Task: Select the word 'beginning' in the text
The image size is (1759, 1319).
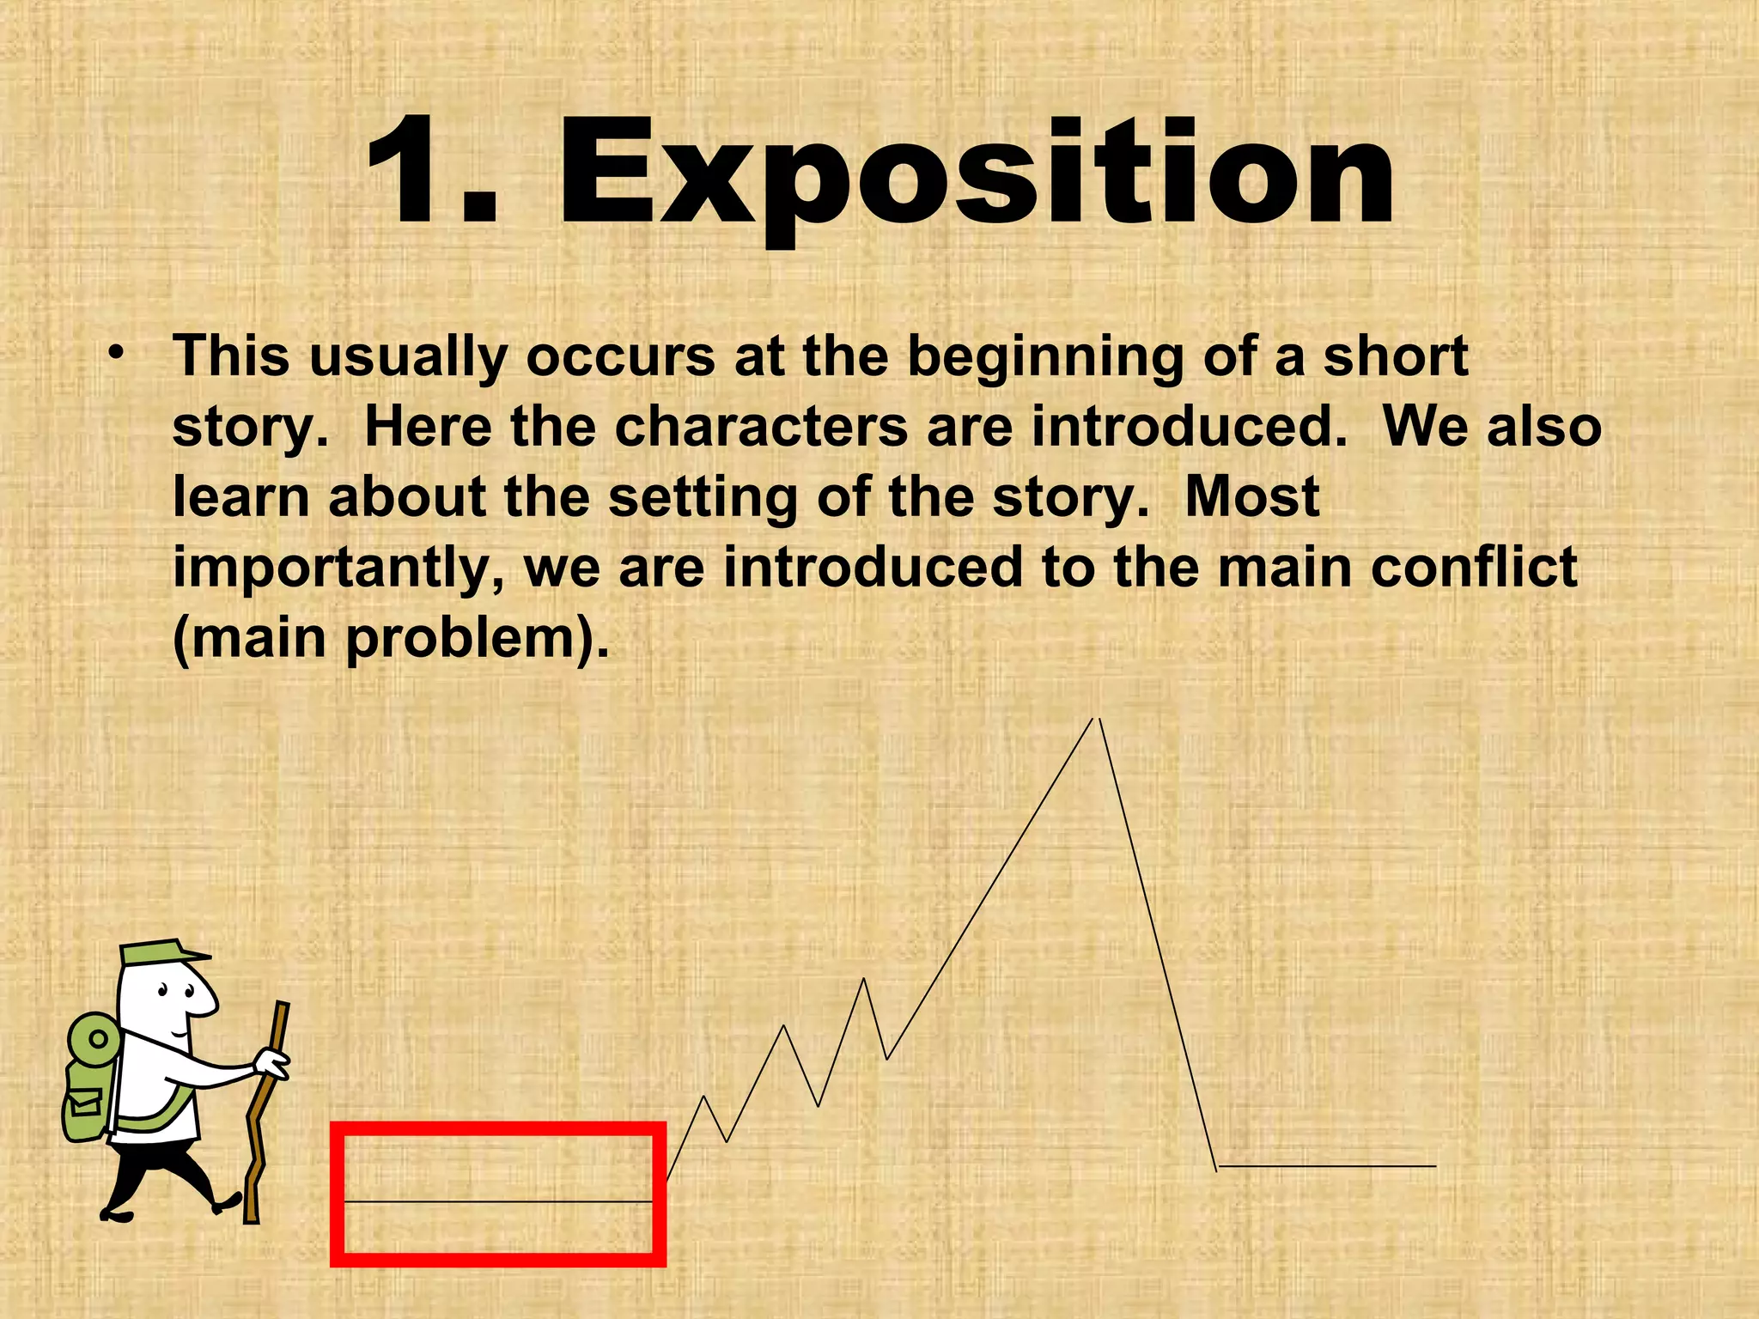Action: point(1045,357)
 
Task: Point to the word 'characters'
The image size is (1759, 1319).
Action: point(761,427)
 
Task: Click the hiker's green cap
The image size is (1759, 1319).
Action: point(160,952)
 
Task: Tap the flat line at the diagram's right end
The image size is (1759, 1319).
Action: point(1327,1166)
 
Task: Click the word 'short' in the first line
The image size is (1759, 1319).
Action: point(1395,356)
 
